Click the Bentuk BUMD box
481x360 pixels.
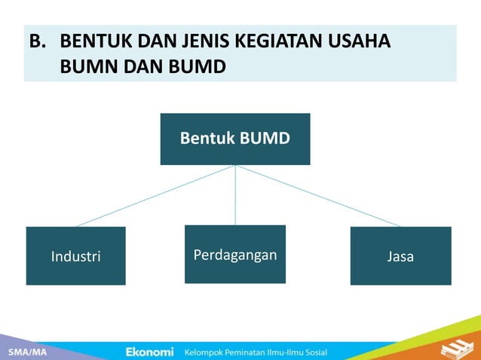(x=235, y=139)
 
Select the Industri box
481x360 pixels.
(x=75, y=256)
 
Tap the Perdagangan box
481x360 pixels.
(x=235, y=255)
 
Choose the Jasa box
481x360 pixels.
(x=400, y=256)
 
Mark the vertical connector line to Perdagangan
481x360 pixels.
(x=235, y=196)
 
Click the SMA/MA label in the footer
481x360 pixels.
(x=26, y=352)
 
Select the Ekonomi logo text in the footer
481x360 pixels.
(x=149, y=352)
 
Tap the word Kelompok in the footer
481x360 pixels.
(x=207, y=352)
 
